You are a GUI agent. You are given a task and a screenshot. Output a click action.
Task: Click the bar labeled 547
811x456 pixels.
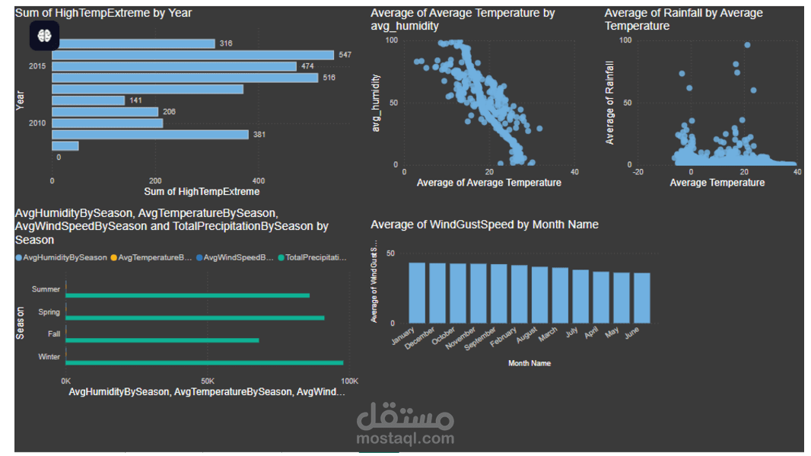tap(192, 55)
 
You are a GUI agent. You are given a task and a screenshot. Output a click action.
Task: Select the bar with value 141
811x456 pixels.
tap(88, 100)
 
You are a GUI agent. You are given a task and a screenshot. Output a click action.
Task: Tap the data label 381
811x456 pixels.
tap(259, 135)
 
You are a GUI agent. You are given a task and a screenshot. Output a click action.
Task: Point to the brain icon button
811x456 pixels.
tap(44, 35)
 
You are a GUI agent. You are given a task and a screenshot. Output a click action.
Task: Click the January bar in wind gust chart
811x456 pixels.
tap(417, 293)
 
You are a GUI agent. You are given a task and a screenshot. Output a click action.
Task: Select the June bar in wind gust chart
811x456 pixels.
tap(642, 298)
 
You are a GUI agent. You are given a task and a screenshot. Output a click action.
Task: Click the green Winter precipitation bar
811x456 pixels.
tap(205, 363)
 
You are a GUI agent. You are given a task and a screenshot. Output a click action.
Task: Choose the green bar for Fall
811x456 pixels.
tap(163, 340)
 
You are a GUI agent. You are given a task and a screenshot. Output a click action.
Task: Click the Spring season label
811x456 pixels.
tap(49, 312)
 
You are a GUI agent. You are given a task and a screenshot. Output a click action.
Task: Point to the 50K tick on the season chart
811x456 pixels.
tap(207, 380)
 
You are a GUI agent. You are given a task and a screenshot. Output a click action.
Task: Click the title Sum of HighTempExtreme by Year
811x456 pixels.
tap(103, 13)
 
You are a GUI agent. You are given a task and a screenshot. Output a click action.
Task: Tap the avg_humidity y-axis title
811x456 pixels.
tap(375, 103)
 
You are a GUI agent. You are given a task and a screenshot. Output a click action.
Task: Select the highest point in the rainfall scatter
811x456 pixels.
tap(747, 45)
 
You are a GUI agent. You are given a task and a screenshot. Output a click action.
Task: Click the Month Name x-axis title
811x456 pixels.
tap(529, 363)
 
